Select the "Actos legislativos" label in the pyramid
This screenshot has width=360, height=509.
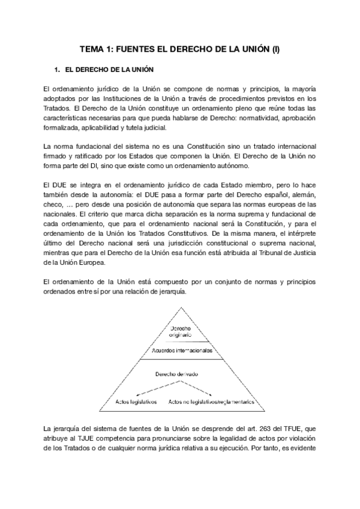pos(136,401)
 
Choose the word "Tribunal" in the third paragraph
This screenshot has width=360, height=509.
pos(268,253)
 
